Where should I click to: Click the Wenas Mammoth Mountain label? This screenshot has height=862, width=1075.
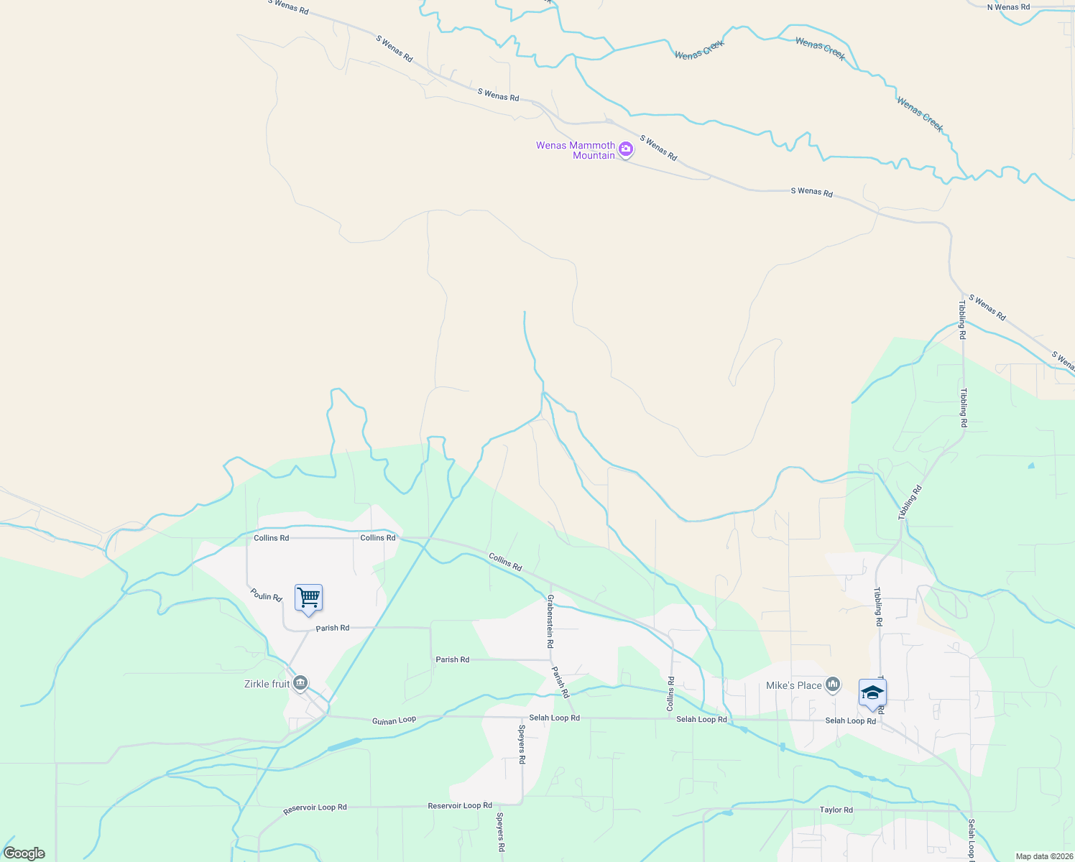point(576,150)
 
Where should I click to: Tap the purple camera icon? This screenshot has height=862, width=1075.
point(626,149)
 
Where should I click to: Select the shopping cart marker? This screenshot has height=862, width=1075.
point(308,598)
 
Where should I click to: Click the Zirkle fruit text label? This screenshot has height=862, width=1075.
point(267,684)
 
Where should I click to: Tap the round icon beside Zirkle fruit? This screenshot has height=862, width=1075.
point(301,682)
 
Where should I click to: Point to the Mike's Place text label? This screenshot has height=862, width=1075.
point(793,685)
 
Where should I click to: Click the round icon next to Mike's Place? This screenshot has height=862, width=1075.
point(833,684)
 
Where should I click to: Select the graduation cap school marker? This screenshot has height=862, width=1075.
point(872,693)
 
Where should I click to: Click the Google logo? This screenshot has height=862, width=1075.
point(24,853)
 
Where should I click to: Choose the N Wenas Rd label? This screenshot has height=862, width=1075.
point(1008,7)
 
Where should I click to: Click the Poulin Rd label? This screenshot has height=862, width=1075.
point(266,595)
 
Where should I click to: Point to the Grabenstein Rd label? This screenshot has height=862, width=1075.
point(550,621)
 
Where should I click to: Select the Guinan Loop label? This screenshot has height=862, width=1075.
point(394,720)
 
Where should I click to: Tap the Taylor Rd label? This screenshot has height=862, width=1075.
point(836,810)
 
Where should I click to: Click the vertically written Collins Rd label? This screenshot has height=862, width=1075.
point(670,694)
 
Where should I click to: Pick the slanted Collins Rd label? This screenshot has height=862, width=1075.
point(505,562)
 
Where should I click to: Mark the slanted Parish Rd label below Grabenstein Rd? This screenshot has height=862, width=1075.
point(560,682)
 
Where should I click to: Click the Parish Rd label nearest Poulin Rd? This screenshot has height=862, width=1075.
point(333,628)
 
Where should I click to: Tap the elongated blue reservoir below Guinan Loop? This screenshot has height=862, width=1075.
point(345,744)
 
